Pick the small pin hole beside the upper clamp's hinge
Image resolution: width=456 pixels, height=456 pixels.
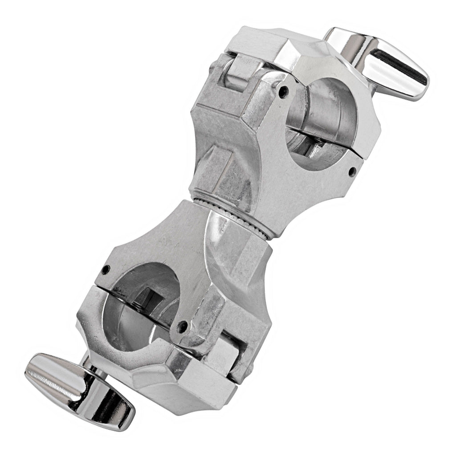[281, 93]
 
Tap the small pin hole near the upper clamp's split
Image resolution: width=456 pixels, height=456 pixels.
[353, 170]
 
